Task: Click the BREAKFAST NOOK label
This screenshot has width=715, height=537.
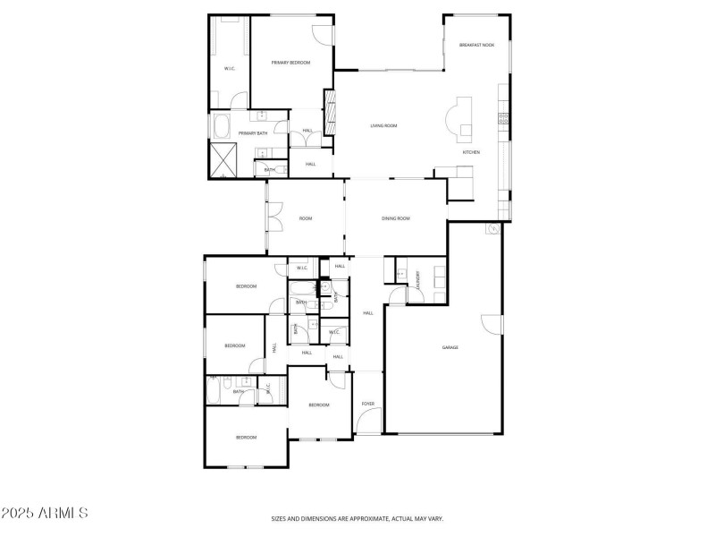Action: coord(476,45)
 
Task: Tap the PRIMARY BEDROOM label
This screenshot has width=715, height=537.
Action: coord(290,62)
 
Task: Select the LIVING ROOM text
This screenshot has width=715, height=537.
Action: coord(383,125)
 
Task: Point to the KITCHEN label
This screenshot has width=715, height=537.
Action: coord(471,152)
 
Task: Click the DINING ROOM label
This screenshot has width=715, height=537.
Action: coord(395,218)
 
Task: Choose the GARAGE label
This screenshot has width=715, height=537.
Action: coord(450,347)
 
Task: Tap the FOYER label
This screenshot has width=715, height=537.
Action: coord(367,405)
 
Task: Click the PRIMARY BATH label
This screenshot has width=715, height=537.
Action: coord(252,133)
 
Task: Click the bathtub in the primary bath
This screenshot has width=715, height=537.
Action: coord(222,124)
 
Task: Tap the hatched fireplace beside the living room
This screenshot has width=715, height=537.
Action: coord(330,116)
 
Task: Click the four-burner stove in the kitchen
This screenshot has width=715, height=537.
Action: coord(504,117)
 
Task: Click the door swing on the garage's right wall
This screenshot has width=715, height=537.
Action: coord(488,326)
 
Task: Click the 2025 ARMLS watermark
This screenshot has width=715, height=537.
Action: coord(45,514)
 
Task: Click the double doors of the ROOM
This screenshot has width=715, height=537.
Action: coord(273,217)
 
